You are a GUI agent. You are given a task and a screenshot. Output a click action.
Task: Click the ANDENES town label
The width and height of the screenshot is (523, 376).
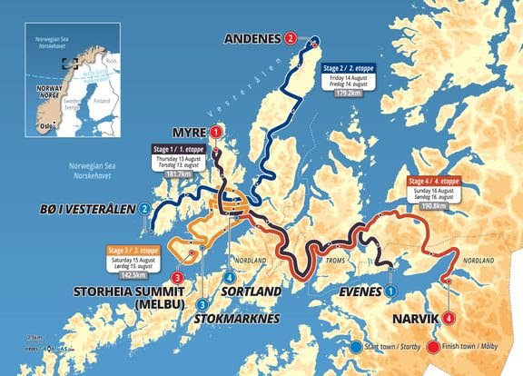(252, 38)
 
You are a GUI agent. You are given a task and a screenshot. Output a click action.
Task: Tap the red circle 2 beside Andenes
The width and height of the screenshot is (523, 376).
(290, 38)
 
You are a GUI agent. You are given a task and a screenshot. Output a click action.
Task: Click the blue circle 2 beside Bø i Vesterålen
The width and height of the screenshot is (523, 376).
(145, 210)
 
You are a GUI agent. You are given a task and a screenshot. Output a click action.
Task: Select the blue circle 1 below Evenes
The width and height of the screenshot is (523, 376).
(390, 291)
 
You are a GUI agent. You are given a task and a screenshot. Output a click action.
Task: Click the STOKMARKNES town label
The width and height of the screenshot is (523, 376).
(236, 318)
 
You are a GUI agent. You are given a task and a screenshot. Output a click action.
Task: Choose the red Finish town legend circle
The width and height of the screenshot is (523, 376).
(434, 347)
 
